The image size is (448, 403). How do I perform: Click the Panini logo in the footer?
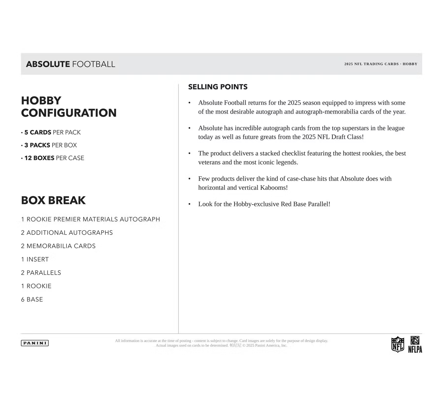pos(35,343)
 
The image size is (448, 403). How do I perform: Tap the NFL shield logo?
pos(397,344)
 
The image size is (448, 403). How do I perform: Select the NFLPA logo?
pos(415,345)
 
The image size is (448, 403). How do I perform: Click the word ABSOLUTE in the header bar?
pos(48,64)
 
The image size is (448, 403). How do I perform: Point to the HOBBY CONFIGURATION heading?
pos(69,107)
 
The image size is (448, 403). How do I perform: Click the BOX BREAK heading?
pos(53,200)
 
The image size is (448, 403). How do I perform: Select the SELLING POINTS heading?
pos(218,87)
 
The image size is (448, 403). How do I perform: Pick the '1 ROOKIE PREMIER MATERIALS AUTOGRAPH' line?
pos(90,219)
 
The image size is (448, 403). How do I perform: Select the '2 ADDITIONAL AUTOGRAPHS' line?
pos(67,233)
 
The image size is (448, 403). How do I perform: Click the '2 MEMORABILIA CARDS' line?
pos(58,246)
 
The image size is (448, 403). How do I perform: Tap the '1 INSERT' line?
pos(35,259)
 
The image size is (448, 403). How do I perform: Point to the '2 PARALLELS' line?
pos(41,273)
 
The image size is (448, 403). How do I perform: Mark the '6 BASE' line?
pos(32,299)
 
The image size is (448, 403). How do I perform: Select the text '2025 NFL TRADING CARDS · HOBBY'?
pos(381,64)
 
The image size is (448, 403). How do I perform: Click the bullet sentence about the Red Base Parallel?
pos(264,204)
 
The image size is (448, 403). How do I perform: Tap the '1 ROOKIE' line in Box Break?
pos(36,286)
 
